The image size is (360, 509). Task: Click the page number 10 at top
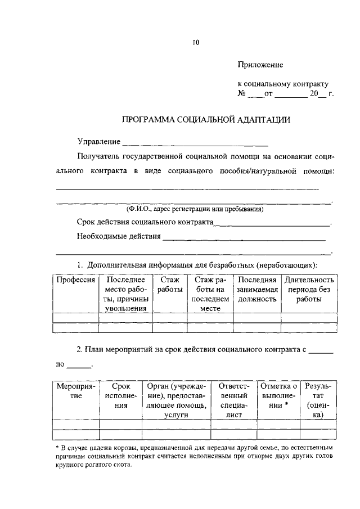[x=195, y=42]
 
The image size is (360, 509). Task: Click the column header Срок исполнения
[x=120, y=396]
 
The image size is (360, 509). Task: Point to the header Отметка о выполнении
[x=278, y=396]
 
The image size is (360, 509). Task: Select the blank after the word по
[x=79, y=367]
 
